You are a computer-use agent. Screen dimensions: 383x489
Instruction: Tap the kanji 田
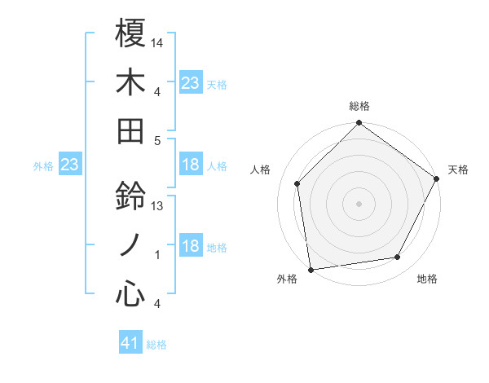[130, 130]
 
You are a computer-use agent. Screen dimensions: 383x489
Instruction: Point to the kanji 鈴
[130, 196]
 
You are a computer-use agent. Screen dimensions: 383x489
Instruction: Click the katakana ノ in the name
[130, 245]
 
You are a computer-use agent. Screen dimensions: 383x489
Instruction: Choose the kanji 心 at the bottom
[130, 294]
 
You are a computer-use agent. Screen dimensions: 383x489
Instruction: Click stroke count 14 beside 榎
[157, 42]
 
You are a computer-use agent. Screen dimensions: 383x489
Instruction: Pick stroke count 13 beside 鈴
[157, 206]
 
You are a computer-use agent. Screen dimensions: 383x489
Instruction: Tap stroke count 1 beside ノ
[157, 255]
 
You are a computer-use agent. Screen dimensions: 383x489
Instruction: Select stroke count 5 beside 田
[157, 140]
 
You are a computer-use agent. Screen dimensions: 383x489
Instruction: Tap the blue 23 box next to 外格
[70, 165]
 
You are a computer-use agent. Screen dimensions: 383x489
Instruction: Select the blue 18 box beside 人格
[191, 165]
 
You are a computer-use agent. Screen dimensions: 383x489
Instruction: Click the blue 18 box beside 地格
[191, 247]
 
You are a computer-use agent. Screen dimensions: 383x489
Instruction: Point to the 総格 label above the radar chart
[359, 106]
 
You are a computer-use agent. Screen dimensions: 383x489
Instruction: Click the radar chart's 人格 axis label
[261, 169]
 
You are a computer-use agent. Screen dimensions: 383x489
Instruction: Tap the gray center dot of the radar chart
[359, 204]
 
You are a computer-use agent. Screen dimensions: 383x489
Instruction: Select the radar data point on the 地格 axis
[398, 258]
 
